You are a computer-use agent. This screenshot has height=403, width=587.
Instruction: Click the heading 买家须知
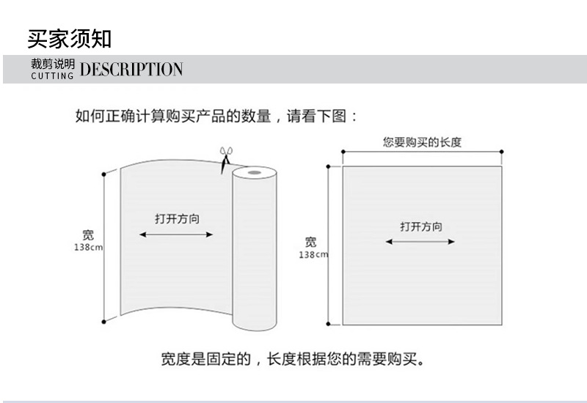pos(70,39)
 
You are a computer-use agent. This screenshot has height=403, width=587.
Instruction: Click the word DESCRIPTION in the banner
pos(131,69)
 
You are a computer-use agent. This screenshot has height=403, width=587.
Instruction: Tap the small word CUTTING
pos(52,76)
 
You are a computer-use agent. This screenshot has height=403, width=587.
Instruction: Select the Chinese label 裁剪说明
pos(53,64)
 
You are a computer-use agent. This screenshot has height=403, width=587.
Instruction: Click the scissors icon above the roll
pos(225,159)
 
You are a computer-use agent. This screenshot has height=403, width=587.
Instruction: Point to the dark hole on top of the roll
pos(255,172)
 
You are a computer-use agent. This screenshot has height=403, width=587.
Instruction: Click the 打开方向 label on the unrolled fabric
pos(178,218)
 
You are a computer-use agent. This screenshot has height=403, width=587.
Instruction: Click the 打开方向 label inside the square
pos(421,226)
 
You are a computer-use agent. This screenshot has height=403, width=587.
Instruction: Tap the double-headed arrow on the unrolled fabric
pos(176,234)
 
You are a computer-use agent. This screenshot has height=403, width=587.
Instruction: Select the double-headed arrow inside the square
pos(420,242)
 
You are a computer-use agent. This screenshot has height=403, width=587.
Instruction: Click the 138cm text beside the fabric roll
pos(88,247)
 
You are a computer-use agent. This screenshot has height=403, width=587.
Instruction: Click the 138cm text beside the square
pos(313,254)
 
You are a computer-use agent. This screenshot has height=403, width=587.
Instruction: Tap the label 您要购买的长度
pos(422,142)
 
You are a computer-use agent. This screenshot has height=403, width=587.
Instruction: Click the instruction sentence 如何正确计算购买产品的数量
pos(173,116)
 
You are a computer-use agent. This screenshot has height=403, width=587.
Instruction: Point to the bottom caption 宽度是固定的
pos(206,359)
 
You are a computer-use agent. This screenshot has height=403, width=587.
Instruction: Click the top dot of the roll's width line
pos(103,174)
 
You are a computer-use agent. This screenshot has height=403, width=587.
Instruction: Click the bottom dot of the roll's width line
pos(103,322)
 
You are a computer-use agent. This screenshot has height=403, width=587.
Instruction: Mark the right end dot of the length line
pos(502,152)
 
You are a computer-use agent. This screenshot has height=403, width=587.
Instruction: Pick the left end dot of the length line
pos(343,152)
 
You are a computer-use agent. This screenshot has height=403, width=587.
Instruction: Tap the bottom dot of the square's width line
pos(328,324)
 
